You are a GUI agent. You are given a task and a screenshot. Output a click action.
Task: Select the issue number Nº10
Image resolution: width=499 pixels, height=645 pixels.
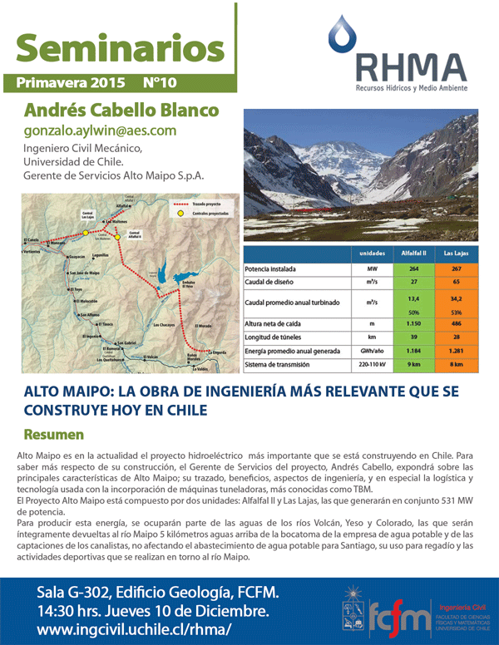(x=159, y=83)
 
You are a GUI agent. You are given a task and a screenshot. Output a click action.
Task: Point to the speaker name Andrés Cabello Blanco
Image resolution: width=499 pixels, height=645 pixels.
(x=121, y=110)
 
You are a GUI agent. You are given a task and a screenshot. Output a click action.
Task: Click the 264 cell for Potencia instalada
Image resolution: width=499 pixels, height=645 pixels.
(x=413, y=269)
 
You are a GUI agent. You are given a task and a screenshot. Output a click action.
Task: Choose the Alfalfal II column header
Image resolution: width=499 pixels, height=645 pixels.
(x=413, y=253)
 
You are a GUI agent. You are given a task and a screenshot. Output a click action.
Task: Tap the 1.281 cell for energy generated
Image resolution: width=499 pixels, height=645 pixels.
(x=456, y=351)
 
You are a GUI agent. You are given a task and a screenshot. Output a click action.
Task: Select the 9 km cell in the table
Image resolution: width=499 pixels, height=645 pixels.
(x=413, y=365)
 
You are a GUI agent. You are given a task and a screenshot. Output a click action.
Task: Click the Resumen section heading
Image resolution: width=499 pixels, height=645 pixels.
(x=54, y=435)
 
